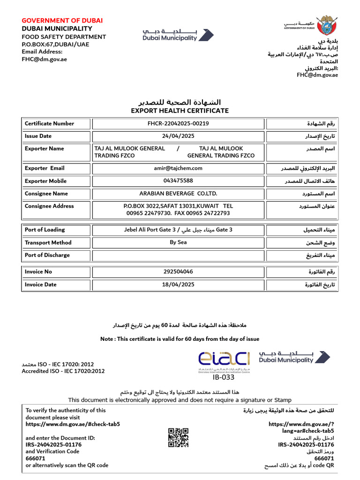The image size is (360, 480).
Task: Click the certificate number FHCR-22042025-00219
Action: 178,124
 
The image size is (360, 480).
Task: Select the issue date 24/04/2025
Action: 178,136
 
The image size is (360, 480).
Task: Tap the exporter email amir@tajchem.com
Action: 178,168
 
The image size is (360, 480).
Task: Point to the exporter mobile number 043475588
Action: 178,181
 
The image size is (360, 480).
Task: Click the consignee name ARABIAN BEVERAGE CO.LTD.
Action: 178,194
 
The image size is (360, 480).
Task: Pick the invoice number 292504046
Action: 178,272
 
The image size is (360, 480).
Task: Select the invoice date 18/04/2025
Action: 178,285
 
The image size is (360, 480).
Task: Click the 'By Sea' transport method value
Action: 178,243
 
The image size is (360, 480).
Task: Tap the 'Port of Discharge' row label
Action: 47,255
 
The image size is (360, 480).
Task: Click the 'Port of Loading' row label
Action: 45,230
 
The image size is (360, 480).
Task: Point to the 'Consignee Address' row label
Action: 49,206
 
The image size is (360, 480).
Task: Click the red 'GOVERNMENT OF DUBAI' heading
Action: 62,21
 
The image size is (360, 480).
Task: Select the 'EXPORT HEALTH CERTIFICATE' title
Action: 180,111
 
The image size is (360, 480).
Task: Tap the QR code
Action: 178,437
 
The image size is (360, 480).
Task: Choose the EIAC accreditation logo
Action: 224,360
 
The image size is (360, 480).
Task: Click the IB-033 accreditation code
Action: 224,377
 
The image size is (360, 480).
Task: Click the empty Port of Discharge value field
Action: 178,255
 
